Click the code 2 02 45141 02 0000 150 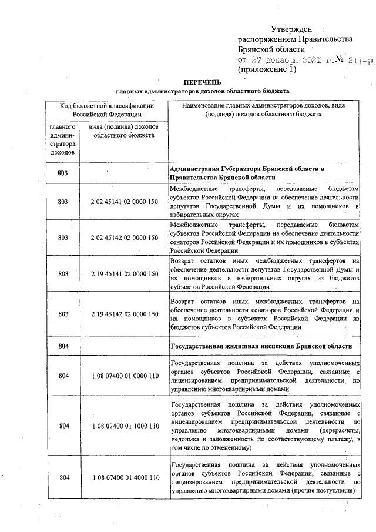pyautogui.click(x=125, y=202)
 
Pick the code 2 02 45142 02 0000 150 pyautogui.click(x=125, y=237)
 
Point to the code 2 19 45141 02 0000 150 pyautogui.click(x=125, y=274)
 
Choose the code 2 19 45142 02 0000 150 pyautogui.click(x=125, y=314)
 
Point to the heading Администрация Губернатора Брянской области pyautogui.click(x=247, y=169)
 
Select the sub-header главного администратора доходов pyautogui.click(x=62, y=139)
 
